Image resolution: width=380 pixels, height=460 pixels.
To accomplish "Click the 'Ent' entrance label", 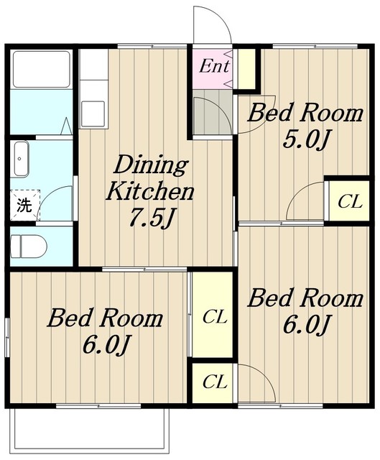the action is pyautogui.click(x=214, y=66).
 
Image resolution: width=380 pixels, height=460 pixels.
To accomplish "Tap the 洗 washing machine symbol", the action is pyautogui.click(x=24, y=205).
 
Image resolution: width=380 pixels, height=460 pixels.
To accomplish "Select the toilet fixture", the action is pyautogui.click(x=29, y=246).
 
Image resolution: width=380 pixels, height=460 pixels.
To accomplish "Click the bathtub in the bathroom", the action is pyautogui.click(x=42, y=69).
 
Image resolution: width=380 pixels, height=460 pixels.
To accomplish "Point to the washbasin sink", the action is pyautogui.click(x=20, y=159).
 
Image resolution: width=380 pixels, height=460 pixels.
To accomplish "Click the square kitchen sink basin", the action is pyautogui.click(x=93, y=114).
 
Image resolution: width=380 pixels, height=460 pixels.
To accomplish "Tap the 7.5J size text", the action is pyautogui.click(x=150, y=218).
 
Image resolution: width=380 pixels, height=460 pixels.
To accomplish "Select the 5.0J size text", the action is pyautogui.click(x=305, y=140).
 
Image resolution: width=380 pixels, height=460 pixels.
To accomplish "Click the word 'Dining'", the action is pyautogui.click(x=151, y=166).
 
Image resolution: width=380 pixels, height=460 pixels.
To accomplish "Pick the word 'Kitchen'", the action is pyautogui.click(x=149, y=192).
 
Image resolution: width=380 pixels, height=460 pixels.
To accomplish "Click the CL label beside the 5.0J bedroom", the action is pyautogui.click(x=349, y=201).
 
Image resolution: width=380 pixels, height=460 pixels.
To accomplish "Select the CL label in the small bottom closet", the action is pyautogui.click(x=215, y=382).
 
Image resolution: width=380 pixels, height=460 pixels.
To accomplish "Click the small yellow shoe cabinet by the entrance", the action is pyautogui.click(x=246, y=69).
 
